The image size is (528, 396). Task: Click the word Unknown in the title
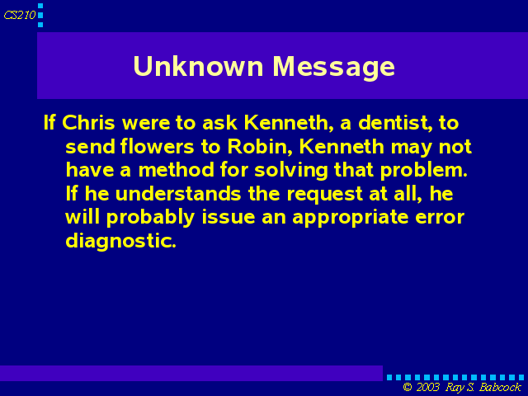pyautogui.click(x=198, y=66)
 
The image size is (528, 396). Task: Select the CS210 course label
pyautogui.click(x=20, y=15)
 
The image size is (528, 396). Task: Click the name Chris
pyautogui.click(x=88, y=123)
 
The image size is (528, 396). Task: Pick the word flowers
pyautogui.click(x=158, y=147)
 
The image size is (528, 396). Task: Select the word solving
pyautogui.click(x=291, y=171)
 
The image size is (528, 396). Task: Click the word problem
pyautogui.click(x=424, y=171)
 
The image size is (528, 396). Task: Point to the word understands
pyautogui.click(x=178, y=194)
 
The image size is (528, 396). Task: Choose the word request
pyautogui.click(x=325, y=195)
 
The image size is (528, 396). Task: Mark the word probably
pyautogui.click(x=150, y=218)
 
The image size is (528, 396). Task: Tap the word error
pyautogui.click(x=440, y=218)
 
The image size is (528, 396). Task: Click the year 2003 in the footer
pyautogui.click(x=428, y=387)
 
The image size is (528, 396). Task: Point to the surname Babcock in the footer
pyautogui.click(x=500, y=387)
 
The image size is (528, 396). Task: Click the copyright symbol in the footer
pyautogui.click(x=408, y=387)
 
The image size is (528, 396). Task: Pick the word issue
pyautogui.click(x=229, y=217)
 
